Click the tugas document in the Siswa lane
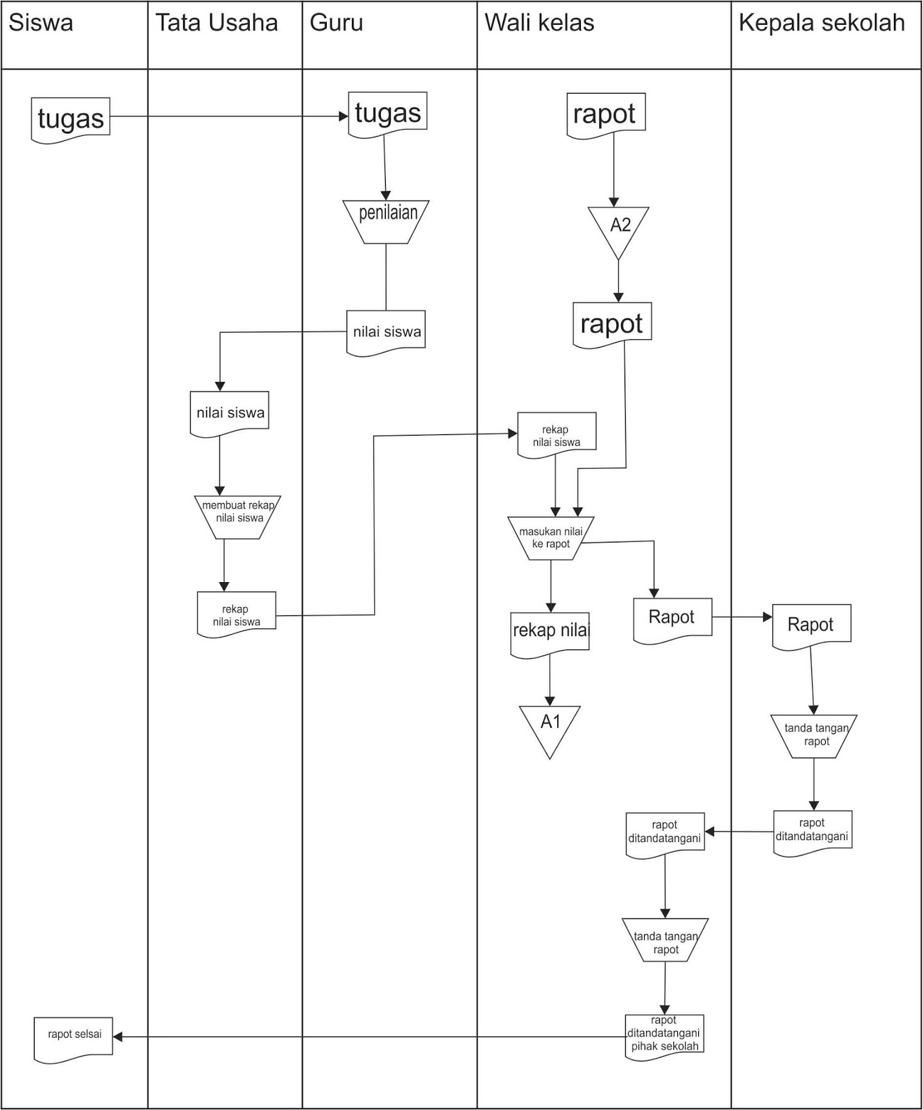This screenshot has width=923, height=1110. [x=71, y=119]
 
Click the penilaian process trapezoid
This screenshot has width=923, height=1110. [x=387, y=221]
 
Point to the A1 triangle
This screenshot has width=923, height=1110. [x=550, y=726]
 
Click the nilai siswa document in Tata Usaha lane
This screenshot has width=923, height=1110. [x=230, y=413]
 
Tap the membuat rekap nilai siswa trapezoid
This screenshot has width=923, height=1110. [x=238, y=516]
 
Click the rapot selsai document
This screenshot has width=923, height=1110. [x=74, y=1038]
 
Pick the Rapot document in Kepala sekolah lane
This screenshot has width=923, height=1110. [x=811, y=626]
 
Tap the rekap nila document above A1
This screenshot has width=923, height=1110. [x=550, y=632]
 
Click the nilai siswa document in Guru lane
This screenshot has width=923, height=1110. [x=386, y=332]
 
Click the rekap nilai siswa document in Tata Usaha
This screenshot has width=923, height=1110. [x=237, y=613]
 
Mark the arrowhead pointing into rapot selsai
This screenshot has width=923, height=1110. [x=117, y=1036]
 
